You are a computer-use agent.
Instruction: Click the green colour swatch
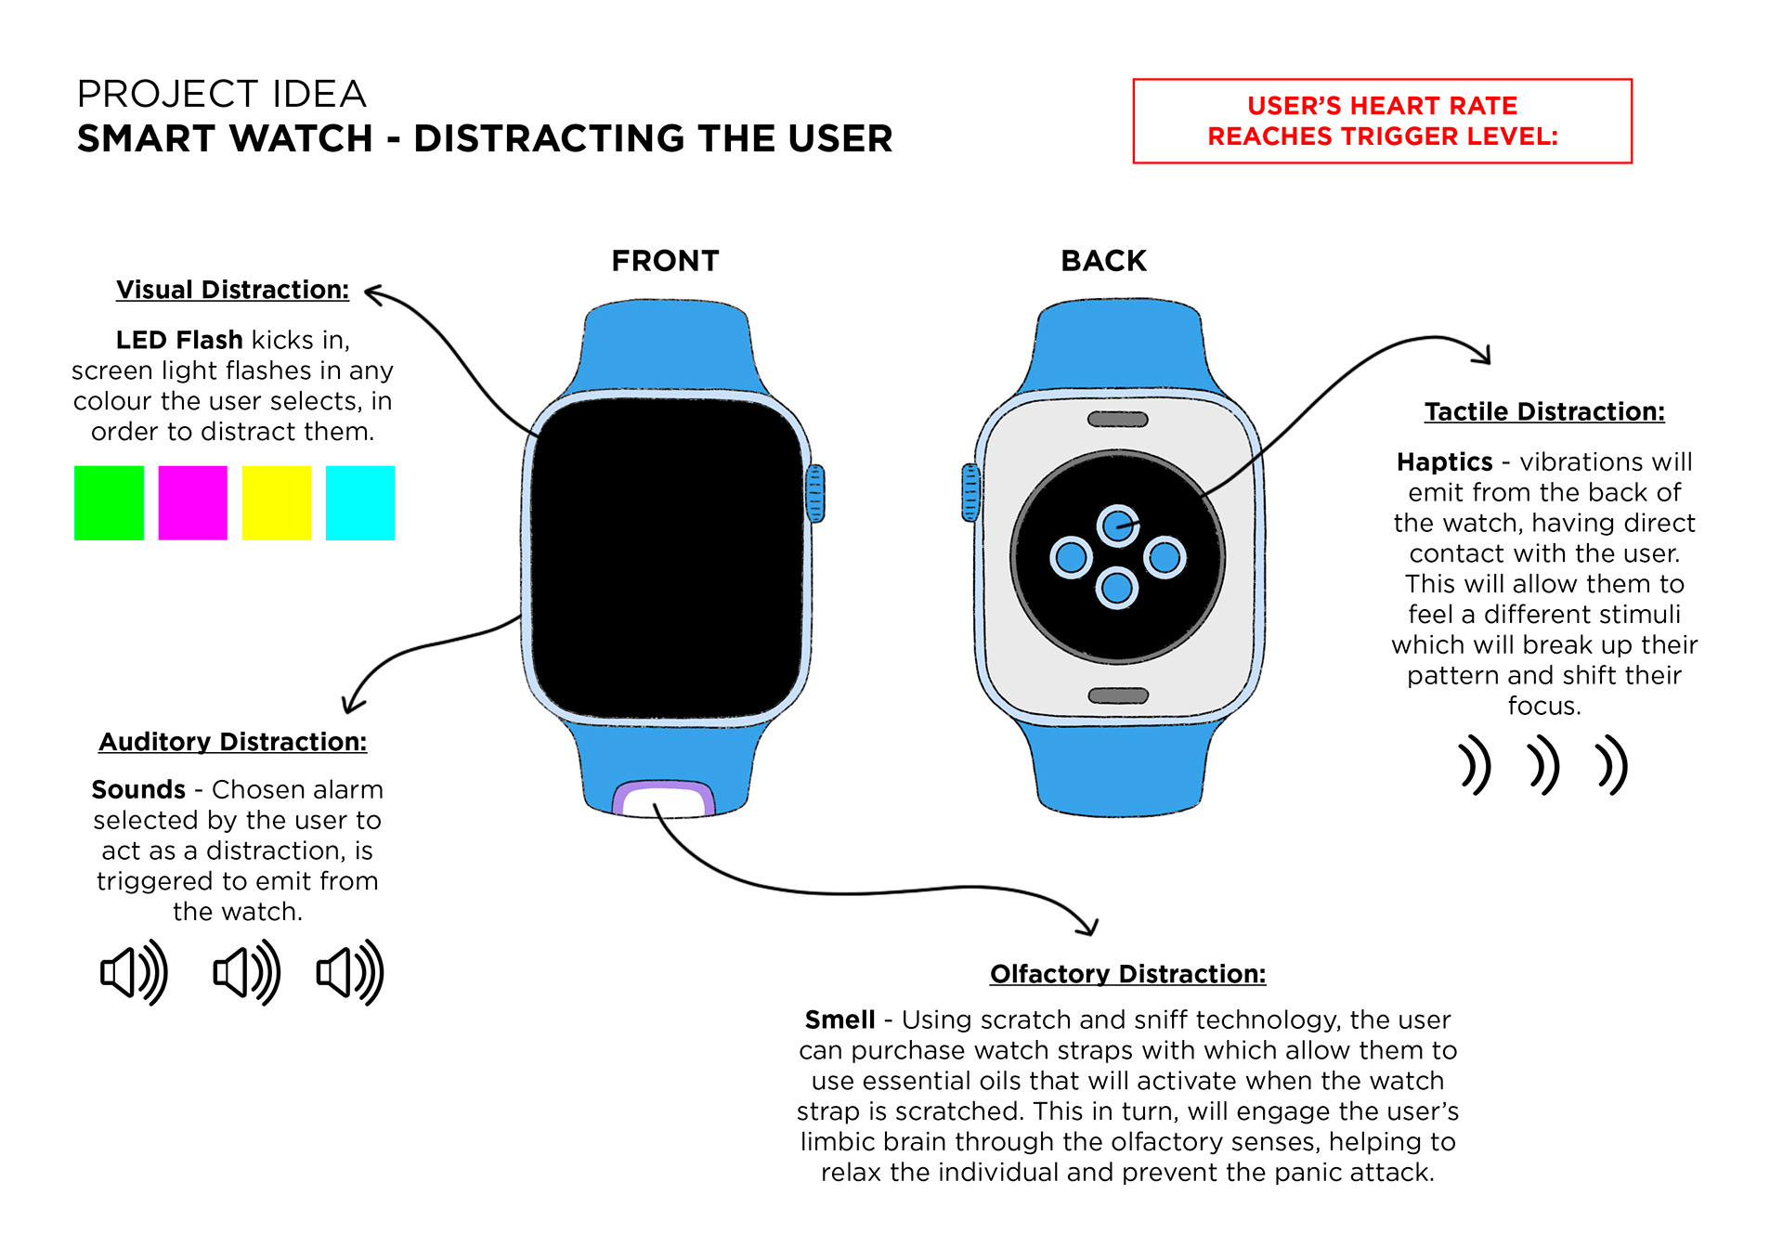coord(109,502)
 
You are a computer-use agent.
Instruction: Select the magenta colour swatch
coord(192,502)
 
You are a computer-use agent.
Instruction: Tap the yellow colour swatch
coord(276,502)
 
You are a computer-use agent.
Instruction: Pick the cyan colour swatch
coord(360,502)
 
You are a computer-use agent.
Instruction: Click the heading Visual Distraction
coord(232,290)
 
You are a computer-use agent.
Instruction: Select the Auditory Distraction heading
coord(232,742)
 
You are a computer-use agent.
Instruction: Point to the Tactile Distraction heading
coord(1544,411)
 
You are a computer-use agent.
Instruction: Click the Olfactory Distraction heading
coord(1127,974)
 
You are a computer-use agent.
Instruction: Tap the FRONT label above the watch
coord(665,261)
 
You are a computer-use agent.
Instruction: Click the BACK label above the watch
coord(1103,261)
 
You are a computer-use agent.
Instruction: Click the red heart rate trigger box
coord(1382,121)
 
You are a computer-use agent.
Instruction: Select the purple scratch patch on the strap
coord(663,798)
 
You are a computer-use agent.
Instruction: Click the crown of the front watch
coord(815,493)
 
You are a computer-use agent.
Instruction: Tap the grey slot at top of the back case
coord(1118,420)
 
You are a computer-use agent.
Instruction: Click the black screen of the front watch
coord(667,557)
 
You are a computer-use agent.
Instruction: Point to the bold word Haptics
coord(1444,461)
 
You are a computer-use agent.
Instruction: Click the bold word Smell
coord(839,1020)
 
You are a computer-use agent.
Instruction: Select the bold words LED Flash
coord(179,340)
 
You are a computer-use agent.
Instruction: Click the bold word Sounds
coord(138,789)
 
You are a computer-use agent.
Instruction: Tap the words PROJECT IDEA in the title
coord(221,94)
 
